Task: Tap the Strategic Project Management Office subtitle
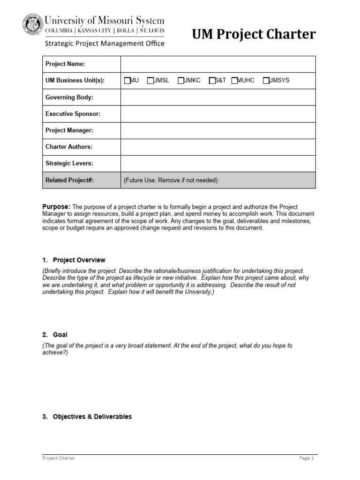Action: [x=104, y=44]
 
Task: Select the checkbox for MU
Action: [x=127, y=81]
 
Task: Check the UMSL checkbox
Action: [x=150, y=81]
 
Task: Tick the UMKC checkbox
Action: [x=181, y=81]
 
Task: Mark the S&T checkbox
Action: [x=212, y=81]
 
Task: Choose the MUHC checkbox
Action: [x=234, y=81]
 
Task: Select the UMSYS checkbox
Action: [x=266, y=81]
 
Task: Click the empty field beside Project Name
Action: [x=218, y=64]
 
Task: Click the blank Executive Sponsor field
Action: [x=218, y=114]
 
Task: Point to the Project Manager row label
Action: [x=69, y=130]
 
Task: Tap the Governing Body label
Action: [x=69, y=97]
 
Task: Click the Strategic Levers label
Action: [x=69, y=164]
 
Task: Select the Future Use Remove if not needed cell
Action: [x=218, y=180]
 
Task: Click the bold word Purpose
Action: [x=56, y=207]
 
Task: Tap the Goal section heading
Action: [x=60, y=335]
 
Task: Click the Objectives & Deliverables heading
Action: [x=92, y=417]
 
